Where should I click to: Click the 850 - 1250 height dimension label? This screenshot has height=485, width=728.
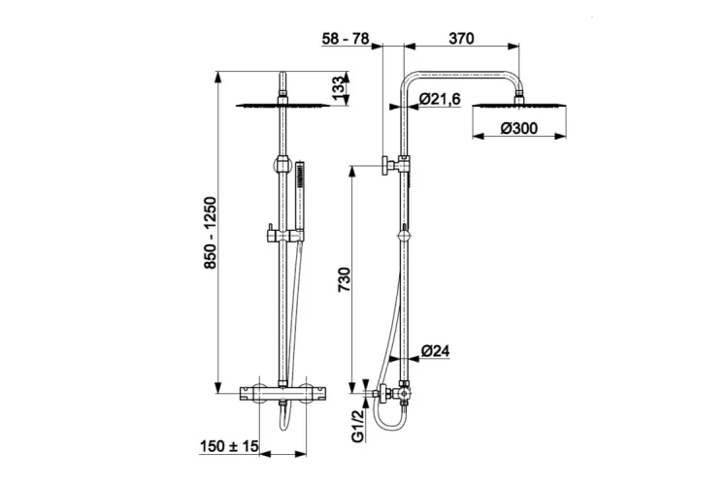[211, 234]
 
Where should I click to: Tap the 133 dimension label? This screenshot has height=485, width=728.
[340, 88]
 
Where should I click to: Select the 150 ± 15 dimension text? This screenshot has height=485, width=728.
[229, 446]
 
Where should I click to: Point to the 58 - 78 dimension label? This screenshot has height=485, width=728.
[346, 39]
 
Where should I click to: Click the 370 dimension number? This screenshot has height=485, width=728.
[461, 39]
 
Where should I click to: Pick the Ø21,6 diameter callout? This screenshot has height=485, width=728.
[439, 99]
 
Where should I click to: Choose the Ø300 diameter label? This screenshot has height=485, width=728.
[519, 128]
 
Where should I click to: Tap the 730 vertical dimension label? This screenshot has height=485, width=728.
[345, 279]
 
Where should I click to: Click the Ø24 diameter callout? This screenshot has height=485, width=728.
[436, 351]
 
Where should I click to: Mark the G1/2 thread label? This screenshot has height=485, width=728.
[357, 426]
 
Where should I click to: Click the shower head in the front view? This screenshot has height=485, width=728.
[282, 106]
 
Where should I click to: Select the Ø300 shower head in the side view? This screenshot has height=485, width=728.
[519, 106]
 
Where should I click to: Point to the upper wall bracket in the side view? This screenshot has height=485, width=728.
[395, 165]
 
